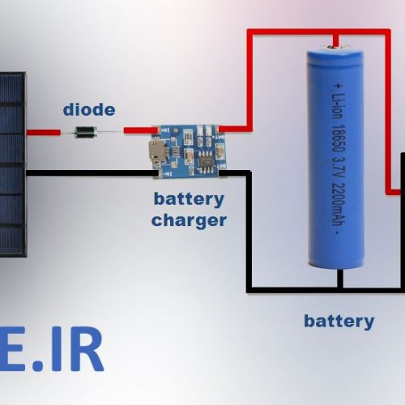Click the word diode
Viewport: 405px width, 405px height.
(x=89, y=110)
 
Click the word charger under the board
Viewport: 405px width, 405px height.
(x=189, y=221)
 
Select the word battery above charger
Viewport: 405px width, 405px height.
(x=189, y=199)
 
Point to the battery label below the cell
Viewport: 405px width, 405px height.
(x=339, y=322)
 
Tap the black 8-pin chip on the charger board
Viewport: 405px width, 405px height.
(x=206, y=161)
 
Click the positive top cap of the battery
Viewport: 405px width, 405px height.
(x=335, y=49)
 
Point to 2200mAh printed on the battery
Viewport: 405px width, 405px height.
(x=339, y=204)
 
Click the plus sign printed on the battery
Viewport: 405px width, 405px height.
(x=338, y=86)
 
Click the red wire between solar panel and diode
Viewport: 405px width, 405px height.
(x=44, y=132)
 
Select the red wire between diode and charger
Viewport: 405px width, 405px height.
(x=141, y=130)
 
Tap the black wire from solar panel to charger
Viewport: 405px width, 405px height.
(x=92, y=173)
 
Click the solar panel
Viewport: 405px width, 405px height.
(x=13, y=164)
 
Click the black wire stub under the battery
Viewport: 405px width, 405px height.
(x=340, y=278)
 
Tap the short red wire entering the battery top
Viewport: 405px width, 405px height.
(x=335, y=40)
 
